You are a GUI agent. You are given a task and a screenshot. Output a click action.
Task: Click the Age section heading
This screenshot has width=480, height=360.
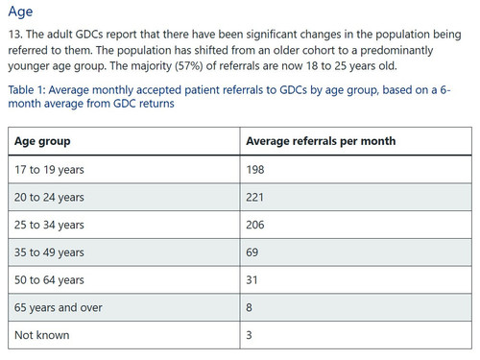click(20, 12)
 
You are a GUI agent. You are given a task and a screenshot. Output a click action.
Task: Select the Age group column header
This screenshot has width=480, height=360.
click(42, 141)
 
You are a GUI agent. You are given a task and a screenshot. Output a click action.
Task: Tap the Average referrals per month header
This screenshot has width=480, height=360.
click(321, 141)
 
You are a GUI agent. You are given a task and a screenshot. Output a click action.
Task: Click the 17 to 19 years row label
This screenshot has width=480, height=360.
click(49, 170)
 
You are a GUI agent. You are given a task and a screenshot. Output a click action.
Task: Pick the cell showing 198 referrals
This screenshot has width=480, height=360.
click(255, 170)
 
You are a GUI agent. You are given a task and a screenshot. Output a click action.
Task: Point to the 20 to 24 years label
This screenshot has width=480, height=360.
click(49, 197)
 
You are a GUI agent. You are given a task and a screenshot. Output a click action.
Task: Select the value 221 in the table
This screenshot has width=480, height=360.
click(254, 197)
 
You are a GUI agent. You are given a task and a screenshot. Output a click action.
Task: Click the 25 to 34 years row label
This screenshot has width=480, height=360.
click(49, 225)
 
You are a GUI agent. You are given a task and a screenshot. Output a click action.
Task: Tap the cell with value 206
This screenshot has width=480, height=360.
click(255, 225)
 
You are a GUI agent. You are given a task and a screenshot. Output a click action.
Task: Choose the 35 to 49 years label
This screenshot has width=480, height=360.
click(49, 252)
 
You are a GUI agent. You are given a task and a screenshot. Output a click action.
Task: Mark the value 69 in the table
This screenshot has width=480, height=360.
click(252, 252)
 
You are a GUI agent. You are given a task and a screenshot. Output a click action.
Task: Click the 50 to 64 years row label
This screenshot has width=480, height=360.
click(49, 280)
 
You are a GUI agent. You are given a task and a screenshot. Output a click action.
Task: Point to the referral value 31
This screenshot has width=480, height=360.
click(252, 280)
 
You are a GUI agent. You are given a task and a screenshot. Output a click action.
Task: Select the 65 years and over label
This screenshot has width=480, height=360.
click(59, 307)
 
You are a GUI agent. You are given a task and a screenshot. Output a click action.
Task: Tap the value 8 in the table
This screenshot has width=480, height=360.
click(249, 307)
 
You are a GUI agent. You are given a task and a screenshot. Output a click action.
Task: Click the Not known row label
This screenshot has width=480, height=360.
click(42, 335)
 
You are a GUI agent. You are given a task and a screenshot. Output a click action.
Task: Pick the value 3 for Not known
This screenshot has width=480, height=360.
click(249, 335)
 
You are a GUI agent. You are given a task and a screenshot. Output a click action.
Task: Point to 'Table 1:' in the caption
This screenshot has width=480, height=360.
click(27, 90)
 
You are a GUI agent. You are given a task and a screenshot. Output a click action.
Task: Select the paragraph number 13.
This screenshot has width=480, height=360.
click(15, 35)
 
